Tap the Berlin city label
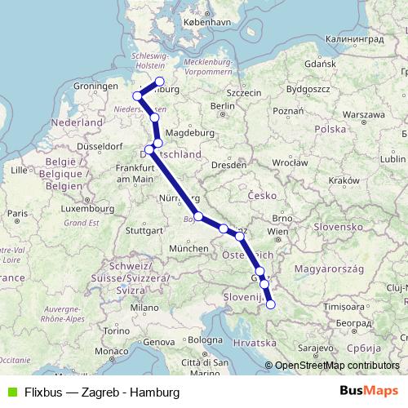pos(222,105)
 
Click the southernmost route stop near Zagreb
pos(271,305)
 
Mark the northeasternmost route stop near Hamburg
pos(160,82)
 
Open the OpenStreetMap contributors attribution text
pos(336,366)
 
